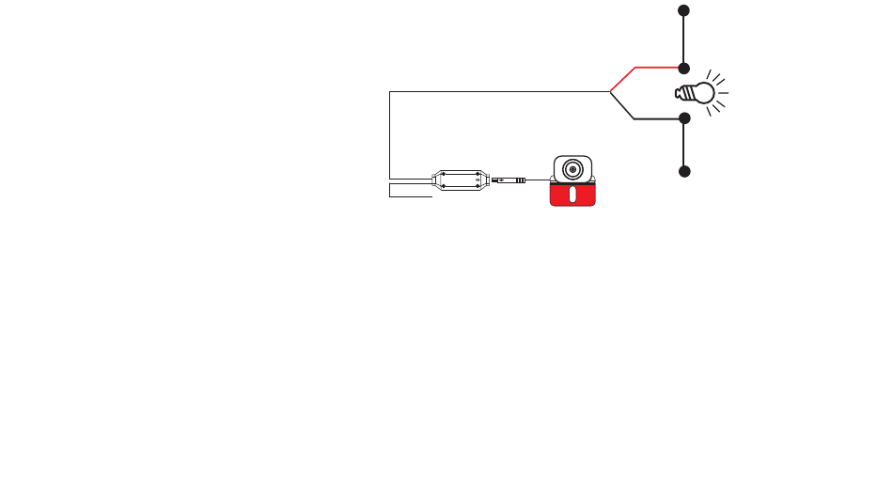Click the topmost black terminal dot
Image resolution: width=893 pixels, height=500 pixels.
point(683,10)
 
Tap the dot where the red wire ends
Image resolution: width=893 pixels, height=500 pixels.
point(684,69)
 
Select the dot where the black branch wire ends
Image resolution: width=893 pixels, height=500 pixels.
point(684,118)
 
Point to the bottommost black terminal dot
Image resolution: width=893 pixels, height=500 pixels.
point(684,171)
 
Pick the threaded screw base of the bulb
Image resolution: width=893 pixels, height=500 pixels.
point(682,93)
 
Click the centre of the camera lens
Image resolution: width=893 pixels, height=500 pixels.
point(572,169)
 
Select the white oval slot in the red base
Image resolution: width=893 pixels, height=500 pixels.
point(572,195)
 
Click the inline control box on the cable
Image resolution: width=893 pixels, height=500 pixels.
point(460,180)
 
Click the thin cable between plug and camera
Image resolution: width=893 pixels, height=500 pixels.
point(538,179)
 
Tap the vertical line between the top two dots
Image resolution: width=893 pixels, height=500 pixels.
point(684,39)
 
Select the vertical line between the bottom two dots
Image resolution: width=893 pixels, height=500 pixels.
point(684,145)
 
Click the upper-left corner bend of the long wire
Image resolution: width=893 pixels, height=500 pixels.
point(389,92)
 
